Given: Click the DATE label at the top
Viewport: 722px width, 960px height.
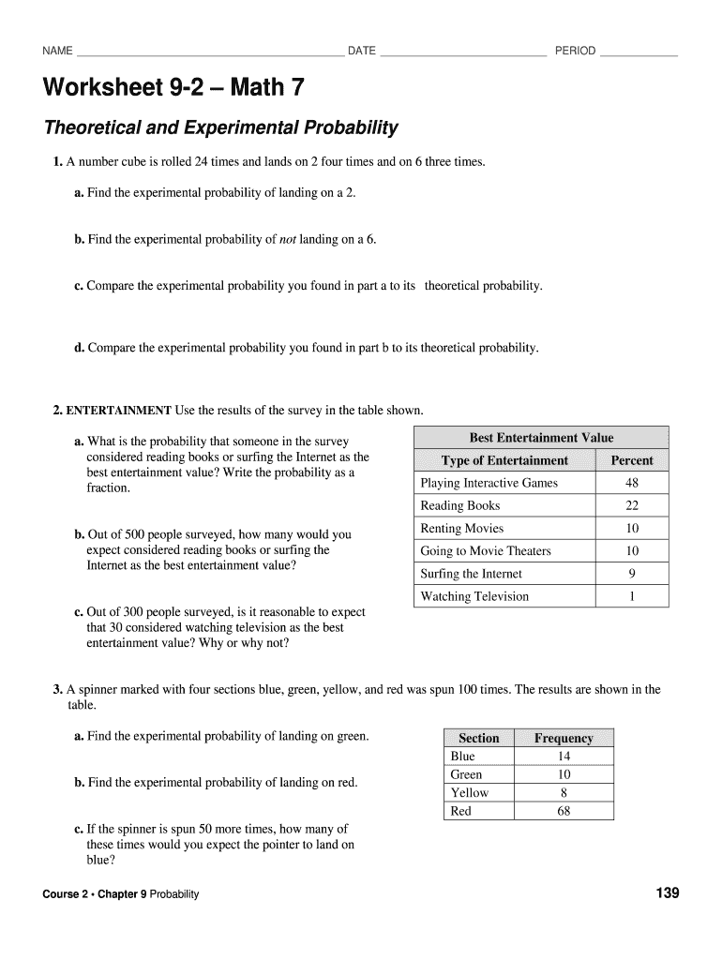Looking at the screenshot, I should (x=362, y=51).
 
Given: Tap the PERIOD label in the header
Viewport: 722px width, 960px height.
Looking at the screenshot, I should (x=575, y=51).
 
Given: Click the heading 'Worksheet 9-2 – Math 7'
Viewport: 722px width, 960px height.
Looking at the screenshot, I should (x=173, y=89).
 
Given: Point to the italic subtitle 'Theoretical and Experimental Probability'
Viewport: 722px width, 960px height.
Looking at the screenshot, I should (x=220, y=127).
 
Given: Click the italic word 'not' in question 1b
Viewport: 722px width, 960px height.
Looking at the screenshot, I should (x=288, y=239).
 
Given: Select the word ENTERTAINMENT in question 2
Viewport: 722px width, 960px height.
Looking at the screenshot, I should (x=118, y=411).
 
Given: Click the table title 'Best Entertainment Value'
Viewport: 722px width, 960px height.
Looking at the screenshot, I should (x=541, y=438).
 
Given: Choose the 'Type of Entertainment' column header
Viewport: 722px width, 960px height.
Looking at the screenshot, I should (x=504, y=460).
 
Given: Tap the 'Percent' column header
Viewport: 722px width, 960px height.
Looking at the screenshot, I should (x=632, y=460).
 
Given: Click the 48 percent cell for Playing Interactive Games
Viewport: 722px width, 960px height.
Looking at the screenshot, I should (x=632, y=483).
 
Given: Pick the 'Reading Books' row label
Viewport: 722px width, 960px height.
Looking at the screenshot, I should (x=460, y=506).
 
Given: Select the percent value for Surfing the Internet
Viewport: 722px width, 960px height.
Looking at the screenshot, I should (x=632, y=574).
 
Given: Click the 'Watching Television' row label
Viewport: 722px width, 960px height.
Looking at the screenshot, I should (x=474, y=596).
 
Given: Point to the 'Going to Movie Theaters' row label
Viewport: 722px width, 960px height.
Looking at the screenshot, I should (x=486, y=551).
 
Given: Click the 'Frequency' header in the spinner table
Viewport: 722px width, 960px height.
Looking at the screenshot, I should (x=564, y=738).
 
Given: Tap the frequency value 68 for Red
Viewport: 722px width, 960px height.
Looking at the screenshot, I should (x=564, y=811).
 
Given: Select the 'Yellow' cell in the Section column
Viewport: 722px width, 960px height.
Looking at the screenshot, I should (x=470, y=793).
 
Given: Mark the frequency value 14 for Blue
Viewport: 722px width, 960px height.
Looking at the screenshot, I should (x=564, y=757).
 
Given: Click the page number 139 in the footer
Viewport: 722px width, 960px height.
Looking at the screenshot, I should (x=667, y=893).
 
